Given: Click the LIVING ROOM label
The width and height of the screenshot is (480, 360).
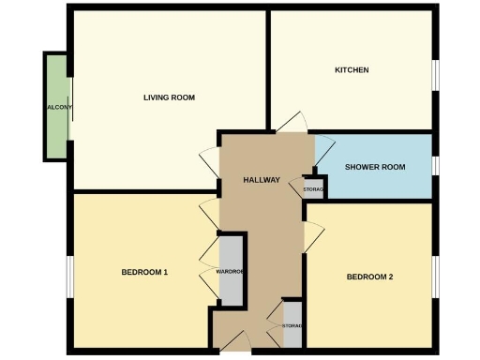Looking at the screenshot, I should click(x=162, y=97).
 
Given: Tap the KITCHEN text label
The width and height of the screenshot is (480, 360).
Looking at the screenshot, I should click(x=352, y=70).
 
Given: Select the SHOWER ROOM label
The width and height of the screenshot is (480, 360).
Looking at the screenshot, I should click(x=374, y=167).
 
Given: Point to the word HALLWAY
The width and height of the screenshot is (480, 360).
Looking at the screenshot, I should click(x=261, y=179).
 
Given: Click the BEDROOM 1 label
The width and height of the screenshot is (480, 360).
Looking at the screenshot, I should click(x=144, y=273).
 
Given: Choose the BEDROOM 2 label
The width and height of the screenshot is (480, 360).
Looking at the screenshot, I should click(x=369, y=277).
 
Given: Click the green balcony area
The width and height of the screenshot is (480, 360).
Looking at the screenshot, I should click(x=55, y=106).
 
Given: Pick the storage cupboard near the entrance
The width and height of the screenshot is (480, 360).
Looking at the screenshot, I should click(x=292, y=324).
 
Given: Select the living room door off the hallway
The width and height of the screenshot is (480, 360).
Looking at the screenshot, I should click(x=210, y=162).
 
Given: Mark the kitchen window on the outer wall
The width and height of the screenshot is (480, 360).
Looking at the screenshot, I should click(x=434, y=76).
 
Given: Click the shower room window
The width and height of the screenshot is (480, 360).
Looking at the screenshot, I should click(x=434, y=166).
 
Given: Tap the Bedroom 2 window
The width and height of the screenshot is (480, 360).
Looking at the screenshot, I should click(x=434, y=277).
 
